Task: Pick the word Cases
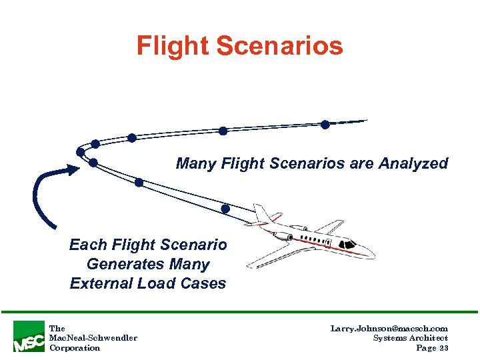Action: point(204,283)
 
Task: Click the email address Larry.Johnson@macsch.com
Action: point(389,329)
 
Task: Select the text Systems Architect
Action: point(411,338)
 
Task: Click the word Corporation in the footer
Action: point(75,347)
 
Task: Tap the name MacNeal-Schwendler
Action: point(93,338)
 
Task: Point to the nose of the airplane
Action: point(371,254)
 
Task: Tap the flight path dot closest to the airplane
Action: point(225,209)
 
